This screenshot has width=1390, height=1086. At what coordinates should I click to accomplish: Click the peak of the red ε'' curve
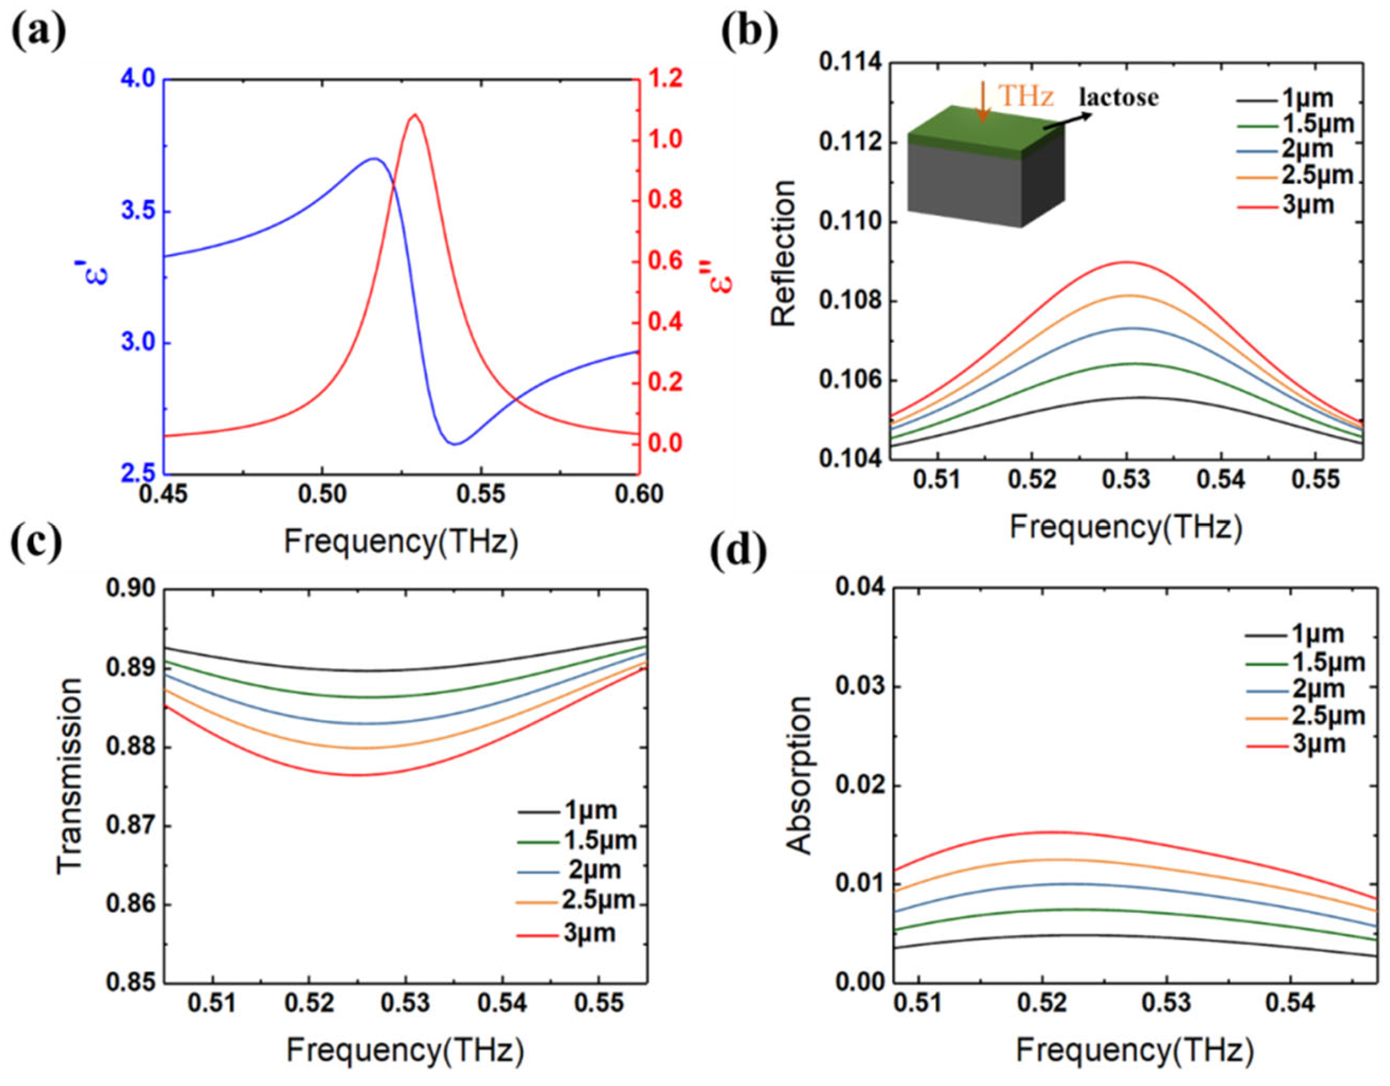tap(415, 115)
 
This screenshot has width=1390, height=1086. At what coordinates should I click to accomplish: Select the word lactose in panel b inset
tap(1118, 97)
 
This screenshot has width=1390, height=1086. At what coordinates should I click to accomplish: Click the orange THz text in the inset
tap(1026, 96)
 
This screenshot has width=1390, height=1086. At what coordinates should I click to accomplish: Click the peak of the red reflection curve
tap(1127, 262)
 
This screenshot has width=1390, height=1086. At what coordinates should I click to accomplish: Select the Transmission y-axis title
tap(70, 776)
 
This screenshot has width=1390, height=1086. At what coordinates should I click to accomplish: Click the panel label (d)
tap(738, 552)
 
